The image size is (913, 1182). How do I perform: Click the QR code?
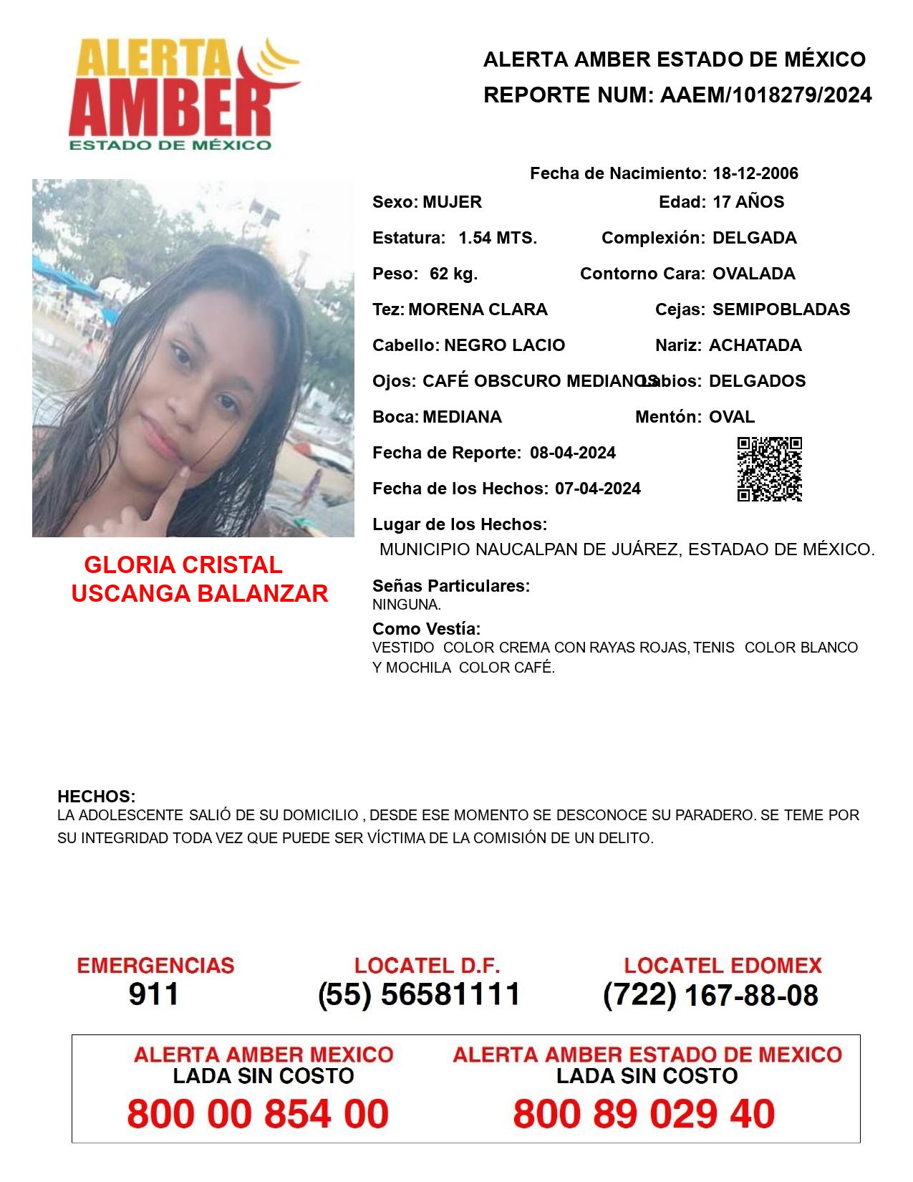point(769,469)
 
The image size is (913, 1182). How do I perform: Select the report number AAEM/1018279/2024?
point(765,95)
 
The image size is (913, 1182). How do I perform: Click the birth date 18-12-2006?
point(755,173)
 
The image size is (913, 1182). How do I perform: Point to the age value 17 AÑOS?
point(748,202)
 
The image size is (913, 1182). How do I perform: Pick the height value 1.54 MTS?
point(498,238)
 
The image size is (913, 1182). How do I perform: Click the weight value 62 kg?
point(453,274)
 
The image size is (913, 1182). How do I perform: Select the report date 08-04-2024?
point(573,453)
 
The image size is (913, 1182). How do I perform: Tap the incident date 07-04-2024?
point(598,489)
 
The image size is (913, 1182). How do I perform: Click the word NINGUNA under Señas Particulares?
point(406,605)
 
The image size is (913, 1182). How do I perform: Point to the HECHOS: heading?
point(97,797)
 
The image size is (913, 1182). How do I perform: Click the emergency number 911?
point(154,994)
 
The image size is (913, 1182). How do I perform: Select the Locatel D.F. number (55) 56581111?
point(420,994)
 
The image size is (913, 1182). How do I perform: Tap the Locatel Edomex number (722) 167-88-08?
point(710,995)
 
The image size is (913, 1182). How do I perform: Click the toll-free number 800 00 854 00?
point(258,1114)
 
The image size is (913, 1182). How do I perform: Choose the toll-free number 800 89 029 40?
point(644,1114)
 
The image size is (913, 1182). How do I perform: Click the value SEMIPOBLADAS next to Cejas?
point(781,309)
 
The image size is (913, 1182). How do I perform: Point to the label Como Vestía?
point(426,629)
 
